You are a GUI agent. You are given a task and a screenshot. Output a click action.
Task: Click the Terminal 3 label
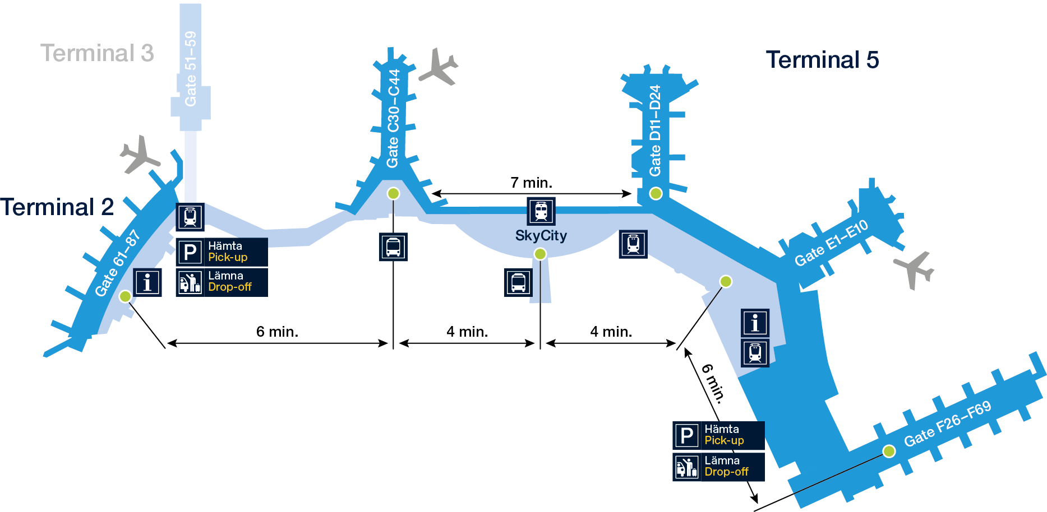[x=97, y=53]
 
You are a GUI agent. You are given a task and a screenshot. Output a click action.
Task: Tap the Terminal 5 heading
[x=822, y=60]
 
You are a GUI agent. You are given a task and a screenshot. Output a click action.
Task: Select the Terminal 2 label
[x=57, y=207]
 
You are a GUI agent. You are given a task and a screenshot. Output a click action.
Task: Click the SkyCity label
[x=541, y=236]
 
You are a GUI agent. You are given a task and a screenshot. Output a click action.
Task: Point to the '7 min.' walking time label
[x=531, y=183]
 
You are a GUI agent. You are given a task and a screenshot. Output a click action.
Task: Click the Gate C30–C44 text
[x=394, y=118]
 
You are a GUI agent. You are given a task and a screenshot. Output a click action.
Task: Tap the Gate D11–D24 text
[x=655, y=131]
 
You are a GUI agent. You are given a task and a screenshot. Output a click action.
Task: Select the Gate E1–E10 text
[x=831, y=243]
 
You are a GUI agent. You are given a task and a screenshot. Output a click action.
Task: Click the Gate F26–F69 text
[x=947, y=423]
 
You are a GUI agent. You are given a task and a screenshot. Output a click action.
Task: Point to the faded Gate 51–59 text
[x=191, y=68]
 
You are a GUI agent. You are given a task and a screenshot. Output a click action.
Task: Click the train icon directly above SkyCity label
[x=541, y=211]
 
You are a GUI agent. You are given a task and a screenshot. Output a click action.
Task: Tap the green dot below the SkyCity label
[x=540, y=254]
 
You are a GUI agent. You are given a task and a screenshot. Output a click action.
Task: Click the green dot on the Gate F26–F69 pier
[x=889, y=451]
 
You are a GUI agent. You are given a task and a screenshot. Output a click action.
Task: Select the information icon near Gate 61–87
[x=147, y=282]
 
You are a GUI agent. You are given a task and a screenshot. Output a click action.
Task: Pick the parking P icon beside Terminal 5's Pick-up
[x=686, y=435]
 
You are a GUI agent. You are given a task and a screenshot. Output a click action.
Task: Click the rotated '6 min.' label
[x=713, y=383]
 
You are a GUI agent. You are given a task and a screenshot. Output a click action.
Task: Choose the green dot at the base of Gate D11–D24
[x=656, y=194]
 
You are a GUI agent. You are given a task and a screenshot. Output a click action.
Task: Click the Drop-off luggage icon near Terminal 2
[x=190, y=282]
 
